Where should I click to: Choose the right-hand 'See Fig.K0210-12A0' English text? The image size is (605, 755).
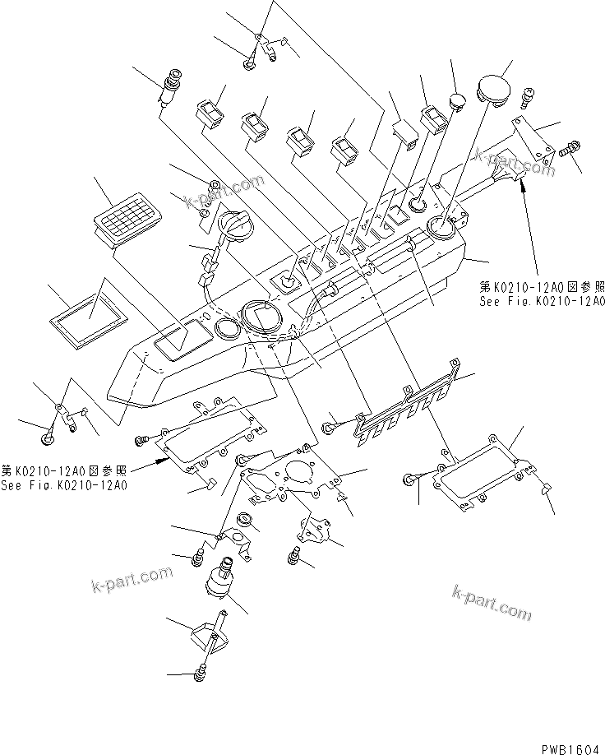coord(543,302)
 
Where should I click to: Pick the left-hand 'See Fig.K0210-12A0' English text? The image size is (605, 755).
coord(64,485)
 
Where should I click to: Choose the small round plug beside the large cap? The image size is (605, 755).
coord(456,101)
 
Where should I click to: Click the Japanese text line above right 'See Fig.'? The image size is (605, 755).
coord(543,288)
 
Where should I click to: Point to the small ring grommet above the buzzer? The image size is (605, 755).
coord(244,521)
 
